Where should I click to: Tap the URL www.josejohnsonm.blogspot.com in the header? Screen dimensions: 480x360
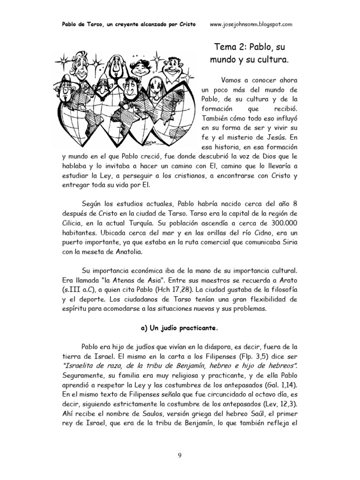tap(252, 23)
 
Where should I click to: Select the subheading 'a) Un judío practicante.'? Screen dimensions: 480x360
tap(180, 328)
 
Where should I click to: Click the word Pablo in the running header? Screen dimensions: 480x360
tap(71, 23)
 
